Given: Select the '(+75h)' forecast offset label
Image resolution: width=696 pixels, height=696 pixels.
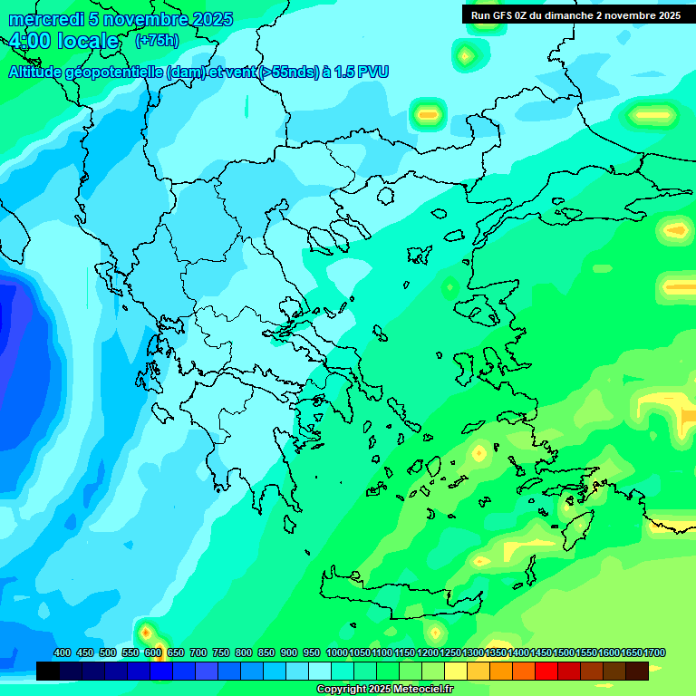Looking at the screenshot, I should pyautogui.click(x=157, y=41).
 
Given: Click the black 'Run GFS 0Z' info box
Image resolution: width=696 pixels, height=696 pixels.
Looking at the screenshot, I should pyautogui.click(x=575, y=14).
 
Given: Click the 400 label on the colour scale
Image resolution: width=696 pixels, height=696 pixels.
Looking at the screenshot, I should pyautogui.click(x=63, y=652).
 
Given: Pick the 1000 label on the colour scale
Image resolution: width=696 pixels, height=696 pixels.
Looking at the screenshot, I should pyautogui.click(x=337, y=652).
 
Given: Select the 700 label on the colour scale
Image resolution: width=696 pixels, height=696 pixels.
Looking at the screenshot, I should pyautogui.click(x=198, y=652).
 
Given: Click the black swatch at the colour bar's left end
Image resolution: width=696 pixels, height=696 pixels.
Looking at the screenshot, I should pyautogui.click(x=48, y=671).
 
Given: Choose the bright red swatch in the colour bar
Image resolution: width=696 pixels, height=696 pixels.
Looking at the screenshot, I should pyautogui.click(x=546, y=671).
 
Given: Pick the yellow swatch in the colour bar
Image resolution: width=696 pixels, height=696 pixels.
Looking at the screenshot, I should pyautogui.click(x=456, y=671).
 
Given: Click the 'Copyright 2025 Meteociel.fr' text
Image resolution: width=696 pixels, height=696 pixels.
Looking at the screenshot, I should pyautogui.click(x=385, y=690).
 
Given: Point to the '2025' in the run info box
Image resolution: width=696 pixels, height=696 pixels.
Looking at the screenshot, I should pyautogui.click(x=669, y=14).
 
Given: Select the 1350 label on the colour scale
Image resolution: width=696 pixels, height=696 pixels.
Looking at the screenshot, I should pyautogui.click(x=496, y=652).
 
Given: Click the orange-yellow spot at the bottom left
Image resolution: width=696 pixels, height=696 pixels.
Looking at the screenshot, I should pyautogui.click(x=147, y=631).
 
